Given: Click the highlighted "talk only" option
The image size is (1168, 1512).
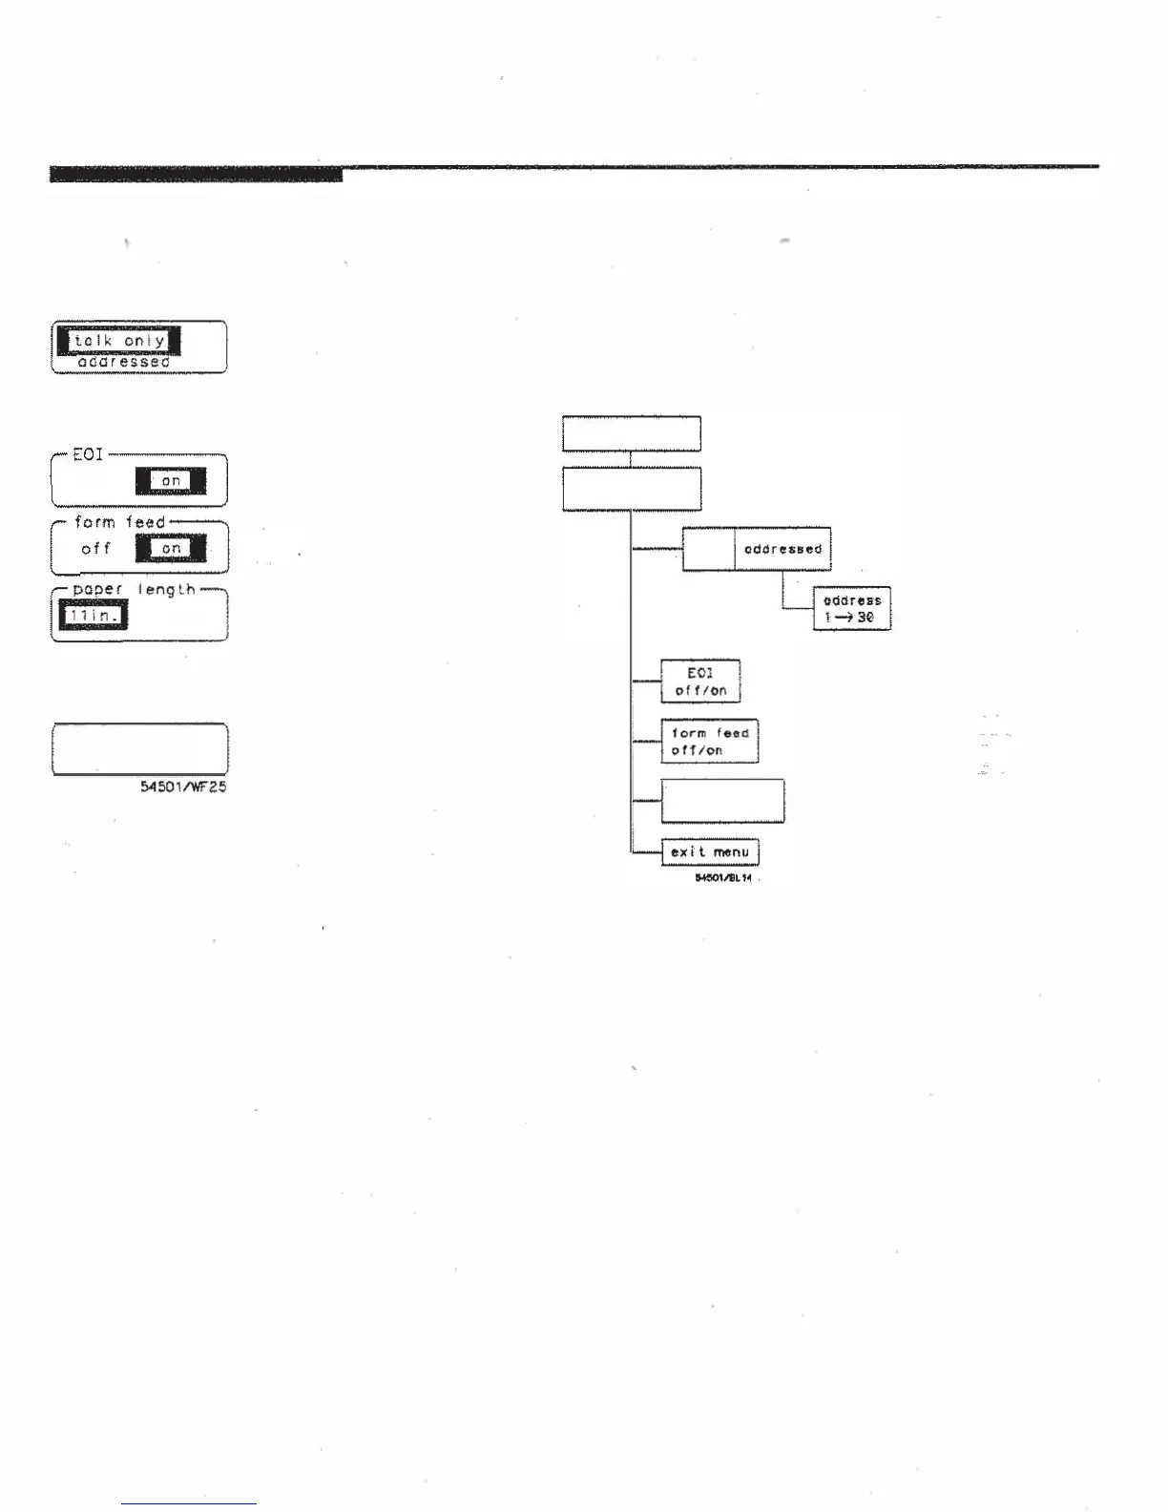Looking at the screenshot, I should tap(119, 341).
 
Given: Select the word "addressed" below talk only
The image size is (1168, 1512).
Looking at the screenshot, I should tap(123, 363).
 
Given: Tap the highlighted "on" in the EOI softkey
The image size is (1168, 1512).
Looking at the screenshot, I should tap(171, 481).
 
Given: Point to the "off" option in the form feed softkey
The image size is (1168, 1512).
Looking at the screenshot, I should tap(95, 549).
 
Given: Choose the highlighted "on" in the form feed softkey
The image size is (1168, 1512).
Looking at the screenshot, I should tap(171, 549).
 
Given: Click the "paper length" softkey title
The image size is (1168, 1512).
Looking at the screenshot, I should tap(134, 590).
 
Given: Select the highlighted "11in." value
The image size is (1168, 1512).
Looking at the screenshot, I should tap(94, 617).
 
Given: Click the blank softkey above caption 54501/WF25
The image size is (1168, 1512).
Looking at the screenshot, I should tap(139, 748).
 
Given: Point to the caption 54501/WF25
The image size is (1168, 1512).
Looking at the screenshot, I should tap(183, 787).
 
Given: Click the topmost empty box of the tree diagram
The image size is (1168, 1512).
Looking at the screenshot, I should tap(632, 433).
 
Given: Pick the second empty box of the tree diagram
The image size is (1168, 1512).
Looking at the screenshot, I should tap(632, 489).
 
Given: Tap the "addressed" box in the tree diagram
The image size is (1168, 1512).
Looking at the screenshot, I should tap(782, 549).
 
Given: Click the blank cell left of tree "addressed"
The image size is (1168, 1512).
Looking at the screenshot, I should tap(708, 549).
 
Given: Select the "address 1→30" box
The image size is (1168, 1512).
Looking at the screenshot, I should tap(851, 609).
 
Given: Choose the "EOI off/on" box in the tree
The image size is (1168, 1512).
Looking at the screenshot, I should tap(700, 682).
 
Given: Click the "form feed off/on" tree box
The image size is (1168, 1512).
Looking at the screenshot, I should tap(710, 742).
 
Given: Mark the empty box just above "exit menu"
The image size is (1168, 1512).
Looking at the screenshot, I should tap(722, 801).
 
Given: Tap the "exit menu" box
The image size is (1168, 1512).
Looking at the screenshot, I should tap(710, 852).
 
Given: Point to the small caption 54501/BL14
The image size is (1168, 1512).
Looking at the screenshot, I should tap(723, 878).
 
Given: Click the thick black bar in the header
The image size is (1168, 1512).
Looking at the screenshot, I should tap(196, 174).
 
